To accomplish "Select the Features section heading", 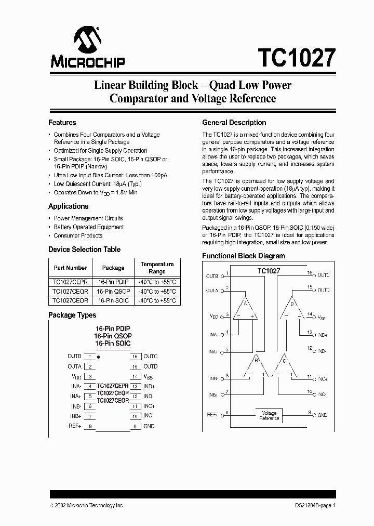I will tap(62, 123).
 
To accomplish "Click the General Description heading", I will tap(234, 123).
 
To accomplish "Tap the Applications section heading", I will tap(68, 206).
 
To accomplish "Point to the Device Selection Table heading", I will tap(84, 249).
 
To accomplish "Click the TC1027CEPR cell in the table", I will tap(70, 282).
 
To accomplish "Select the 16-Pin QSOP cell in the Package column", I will tap(113, 291).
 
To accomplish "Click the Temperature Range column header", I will tap(157, 268).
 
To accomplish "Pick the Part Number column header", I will tap(70, 268).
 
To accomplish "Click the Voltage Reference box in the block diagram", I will tap(269, 415).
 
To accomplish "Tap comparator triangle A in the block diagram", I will tap(245, 311).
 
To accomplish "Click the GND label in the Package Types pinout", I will tap(149, 426).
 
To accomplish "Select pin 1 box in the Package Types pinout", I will tap(90, 357).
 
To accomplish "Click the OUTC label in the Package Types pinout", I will tap(150, 357).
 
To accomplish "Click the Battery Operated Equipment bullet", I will tap(89, 227).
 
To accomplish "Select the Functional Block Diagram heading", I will tap(243, 256).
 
